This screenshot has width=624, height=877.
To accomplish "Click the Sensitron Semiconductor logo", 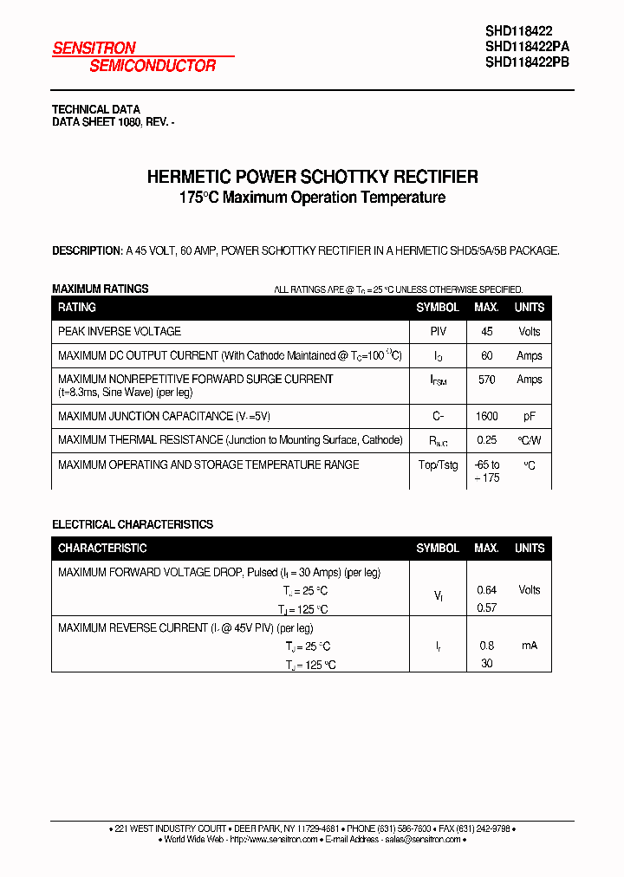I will [134, 56].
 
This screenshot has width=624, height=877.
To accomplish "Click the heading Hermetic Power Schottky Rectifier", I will [312, 177].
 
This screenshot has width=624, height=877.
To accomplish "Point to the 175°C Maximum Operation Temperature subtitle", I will [312, 198].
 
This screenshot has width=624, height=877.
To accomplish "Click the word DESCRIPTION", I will [86, 250].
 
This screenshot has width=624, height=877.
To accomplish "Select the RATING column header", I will [77, 308].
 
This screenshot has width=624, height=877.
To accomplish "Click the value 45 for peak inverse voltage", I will [486, 332].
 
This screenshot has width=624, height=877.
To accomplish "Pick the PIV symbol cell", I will [438, 332].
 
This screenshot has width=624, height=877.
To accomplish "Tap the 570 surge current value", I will [486, 380].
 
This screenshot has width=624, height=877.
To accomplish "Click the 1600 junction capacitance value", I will [486, 416].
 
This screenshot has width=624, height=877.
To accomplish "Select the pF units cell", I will [529, 416].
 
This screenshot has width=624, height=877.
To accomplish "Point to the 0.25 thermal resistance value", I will [486, 440].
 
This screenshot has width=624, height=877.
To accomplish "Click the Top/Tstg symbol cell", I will [438, 465].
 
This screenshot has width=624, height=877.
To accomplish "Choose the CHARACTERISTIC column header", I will [102, 549].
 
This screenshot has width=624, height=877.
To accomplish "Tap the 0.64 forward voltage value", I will [486, 590].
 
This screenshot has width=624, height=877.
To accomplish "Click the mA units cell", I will [529, 646].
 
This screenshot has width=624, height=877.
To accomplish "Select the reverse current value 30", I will [486, 663].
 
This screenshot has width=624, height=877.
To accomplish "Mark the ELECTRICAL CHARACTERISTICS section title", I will [133, 524].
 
